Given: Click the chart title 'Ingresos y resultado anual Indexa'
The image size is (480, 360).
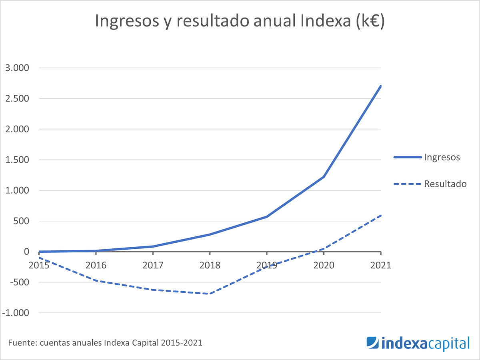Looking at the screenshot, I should pyautogui.click(x=240, y=21).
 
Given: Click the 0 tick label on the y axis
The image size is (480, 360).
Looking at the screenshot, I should pyautogui.click(x=26, y=252).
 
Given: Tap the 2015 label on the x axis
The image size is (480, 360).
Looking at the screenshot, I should pyautogui.click(x=39, y=265).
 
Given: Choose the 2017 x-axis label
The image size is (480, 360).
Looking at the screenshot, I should pyautogui.click(x=152, y=265).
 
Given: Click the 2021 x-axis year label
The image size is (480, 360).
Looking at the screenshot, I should pyautogui.click(x=380, y=265).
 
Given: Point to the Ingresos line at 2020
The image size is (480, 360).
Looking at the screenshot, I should pyautogui.click(x=324, y=177).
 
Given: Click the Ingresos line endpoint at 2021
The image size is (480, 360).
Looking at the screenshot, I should pyautogui.click(x=380, y=86).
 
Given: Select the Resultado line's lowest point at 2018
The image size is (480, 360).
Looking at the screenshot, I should pyautogui.click(x=209, y=294).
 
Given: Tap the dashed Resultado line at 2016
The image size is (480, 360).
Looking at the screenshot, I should pyautogui.click(x=96, y=281).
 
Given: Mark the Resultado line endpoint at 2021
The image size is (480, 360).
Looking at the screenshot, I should pyautogui.click(x=380, y=215).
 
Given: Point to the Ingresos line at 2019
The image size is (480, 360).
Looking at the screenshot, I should pyautogui.click(x=266, y=217).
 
